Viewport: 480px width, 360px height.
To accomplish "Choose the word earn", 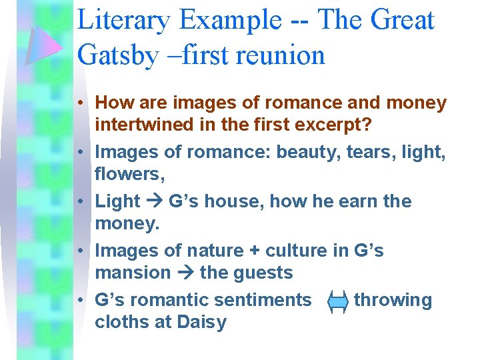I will (361, 201).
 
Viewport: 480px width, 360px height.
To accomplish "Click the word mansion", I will (133, 273).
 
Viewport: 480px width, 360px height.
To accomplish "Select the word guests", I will (261, 273).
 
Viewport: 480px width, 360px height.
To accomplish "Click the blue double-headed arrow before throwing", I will (337, 301).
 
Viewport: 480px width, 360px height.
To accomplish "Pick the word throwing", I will (393, 300).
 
